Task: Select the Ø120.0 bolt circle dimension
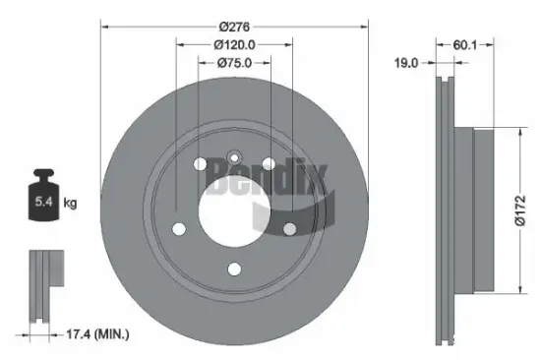click(x=233, y=44)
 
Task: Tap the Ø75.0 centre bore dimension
click(x=233, y=62)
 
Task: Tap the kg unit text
click(x=70, y=204)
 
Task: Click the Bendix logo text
click(x=251, y=179)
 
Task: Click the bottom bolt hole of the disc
click(x=233, y=269)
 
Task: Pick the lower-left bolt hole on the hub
click(x=179, y=229)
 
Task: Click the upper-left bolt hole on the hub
click(x=200, y=164)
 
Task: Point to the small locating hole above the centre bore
click(x=234, y=157)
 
